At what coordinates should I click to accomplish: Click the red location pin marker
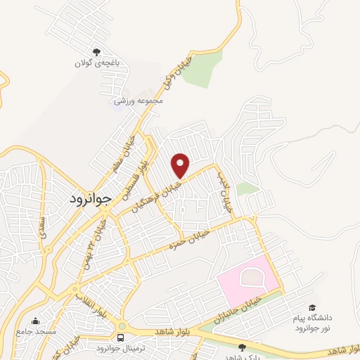click(x=181, y=165)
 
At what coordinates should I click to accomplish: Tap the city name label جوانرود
click(x=91, y=199)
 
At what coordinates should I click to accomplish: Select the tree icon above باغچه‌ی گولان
click(x=98, y=51)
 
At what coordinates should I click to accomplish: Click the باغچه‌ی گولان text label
click(x=98, y=63)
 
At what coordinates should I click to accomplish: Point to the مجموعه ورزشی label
click(x=143, y=101)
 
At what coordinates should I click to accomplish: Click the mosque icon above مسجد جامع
click(x=36, y=321)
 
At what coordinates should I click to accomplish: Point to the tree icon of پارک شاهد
click(x=243, y=347)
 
